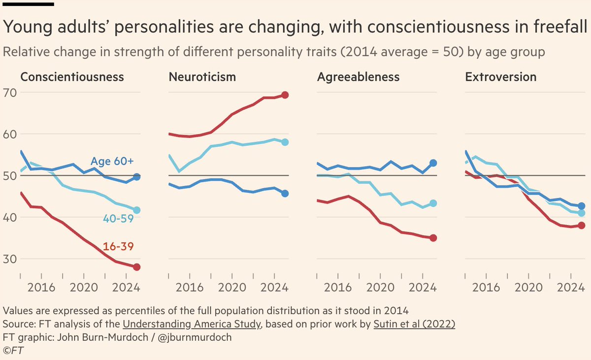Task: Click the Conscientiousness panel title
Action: [x=72, y=77]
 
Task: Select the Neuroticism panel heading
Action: [x=202, y=77]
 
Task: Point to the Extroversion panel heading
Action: [x=501, y=77]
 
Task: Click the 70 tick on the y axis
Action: [x=10, y=93]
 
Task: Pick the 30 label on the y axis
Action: [x=10, y=259]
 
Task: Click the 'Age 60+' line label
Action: [x=112, y=161]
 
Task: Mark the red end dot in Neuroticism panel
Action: [x=285, y=95]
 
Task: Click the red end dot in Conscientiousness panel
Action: [x=137, y=267]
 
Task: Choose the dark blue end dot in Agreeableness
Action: [x=433, y=163]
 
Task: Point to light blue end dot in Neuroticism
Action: [x=285, y=142]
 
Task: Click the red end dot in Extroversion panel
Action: [x=582, y=226]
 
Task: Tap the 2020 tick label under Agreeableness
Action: [x=380, y=287]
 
